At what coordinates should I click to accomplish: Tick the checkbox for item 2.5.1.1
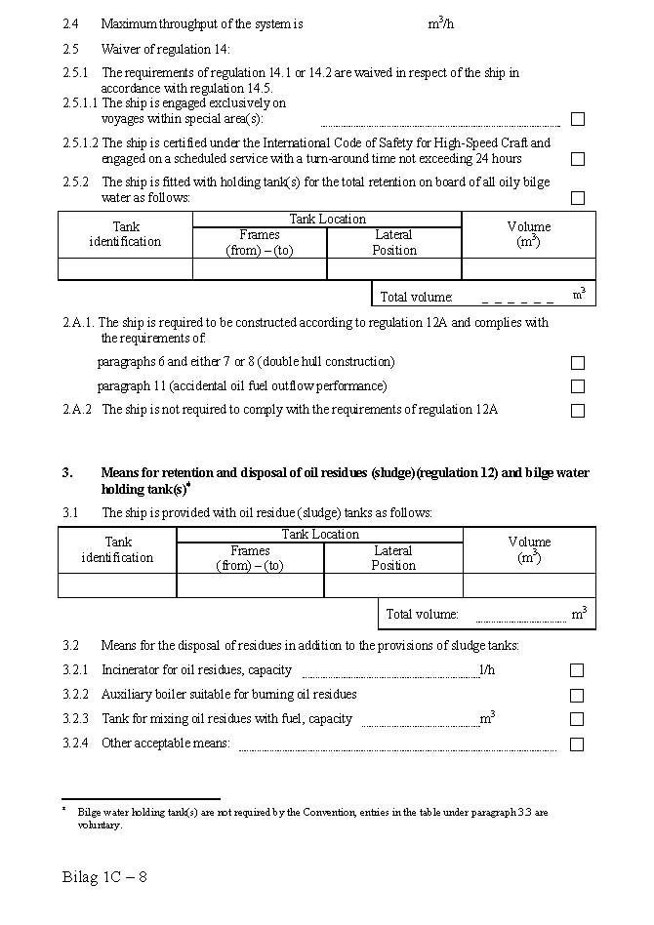(578, 119)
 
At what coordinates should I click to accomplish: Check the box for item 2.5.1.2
(578, 159)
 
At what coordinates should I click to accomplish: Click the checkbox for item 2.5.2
(578, 198)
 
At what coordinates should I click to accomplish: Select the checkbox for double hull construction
(578, 363)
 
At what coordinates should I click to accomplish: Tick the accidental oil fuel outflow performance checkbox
(578, 386)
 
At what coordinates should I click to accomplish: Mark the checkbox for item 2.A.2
(578, 411)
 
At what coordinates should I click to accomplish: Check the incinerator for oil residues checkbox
(578, 670)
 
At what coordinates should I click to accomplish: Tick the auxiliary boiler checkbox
(578, 696)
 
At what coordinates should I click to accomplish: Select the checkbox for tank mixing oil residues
(578, 719)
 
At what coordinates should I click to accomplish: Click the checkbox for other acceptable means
(578, 744)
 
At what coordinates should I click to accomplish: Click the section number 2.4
(70, 23)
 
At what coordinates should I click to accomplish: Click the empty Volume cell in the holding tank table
(528, 269)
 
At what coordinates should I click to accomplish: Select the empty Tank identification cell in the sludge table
(117, 585)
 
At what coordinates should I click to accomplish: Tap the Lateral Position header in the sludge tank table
(393, 558)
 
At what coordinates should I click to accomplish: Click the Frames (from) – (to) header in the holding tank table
(260, 242)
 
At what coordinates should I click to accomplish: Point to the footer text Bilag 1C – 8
(104, 876)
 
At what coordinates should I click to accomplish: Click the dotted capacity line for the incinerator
(389, 674)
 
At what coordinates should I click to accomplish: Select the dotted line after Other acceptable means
(397, 748)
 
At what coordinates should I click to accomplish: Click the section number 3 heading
(67, 473)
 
